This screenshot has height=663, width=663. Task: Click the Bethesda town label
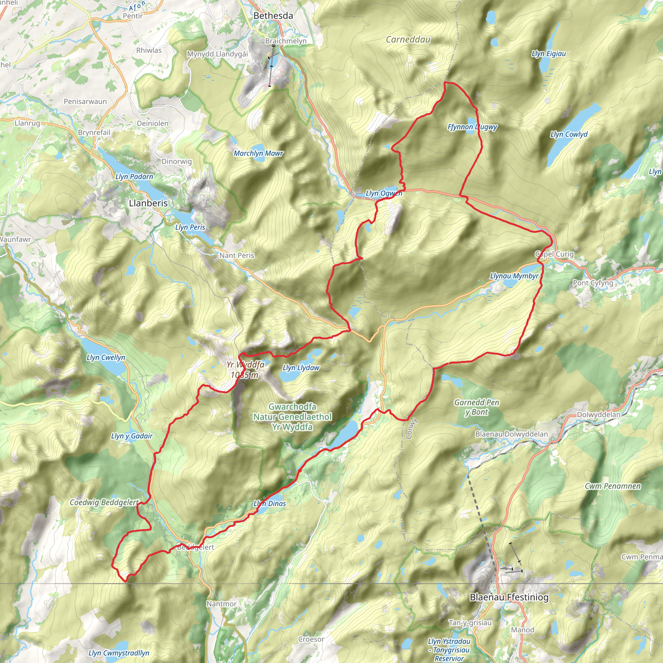coord(273,16)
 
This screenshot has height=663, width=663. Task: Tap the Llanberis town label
coord(148,203)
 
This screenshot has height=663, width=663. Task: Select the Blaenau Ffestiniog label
coord(509,597)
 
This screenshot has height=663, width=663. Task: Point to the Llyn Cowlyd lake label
coord(568,135)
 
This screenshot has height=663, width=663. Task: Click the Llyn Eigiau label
coord(548,53)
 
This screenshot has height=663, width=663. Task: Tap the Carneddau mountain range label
coord(408,40)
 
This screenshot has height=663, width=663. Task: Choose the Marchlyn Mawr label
coord(258,153)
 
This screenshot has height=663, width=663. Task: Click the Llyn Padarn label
coord(134,177)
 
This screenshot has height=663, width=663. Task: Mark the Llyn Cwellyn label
coord(106,358)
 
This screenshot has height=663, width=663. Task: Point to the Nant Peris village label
coord(237,255)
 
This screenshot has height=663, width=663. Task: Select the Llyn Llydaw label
coord(301,368)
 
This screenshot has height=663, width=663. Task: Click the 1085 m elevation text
coord(244,375)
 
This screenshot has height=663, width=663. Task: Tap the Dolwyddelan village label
coord(599,415)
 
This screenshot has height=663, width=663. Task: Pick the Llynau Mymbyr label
coord(514,276)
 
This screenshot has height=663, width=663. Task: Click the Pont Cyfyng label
coord(593,283)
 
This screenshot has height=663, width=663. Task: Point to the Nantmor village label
coord(221,604)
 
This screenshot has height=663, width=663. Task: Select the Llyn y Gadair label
coord(132,436)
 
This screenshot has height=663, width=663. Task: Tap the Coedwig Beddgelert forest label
coord(104,502)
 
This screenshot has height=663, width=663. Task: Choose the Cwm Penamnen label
coord(612,486)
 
